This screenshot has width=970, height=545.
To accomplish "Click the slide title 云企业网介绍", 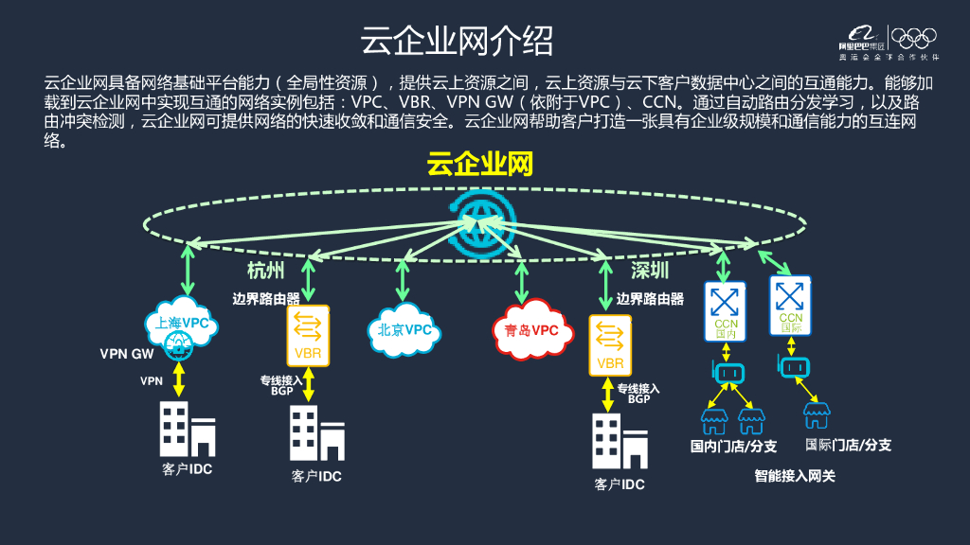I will click(x=458, y=42).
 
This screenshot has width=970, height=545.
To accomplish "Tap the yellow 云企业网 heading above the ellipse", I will click(x=479, y=166).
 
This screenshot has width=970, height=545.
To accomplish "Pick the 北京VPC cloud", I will click(x=404, y=330).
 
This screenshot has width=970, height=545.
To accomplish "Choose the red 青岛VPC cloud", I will click(x=531, y=330).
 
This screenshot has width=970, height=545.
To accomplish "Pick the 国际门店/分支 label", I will click(x=848, y=445).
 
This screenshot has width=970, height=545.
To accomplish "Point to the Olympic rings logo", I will click(x=915, y=38).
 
